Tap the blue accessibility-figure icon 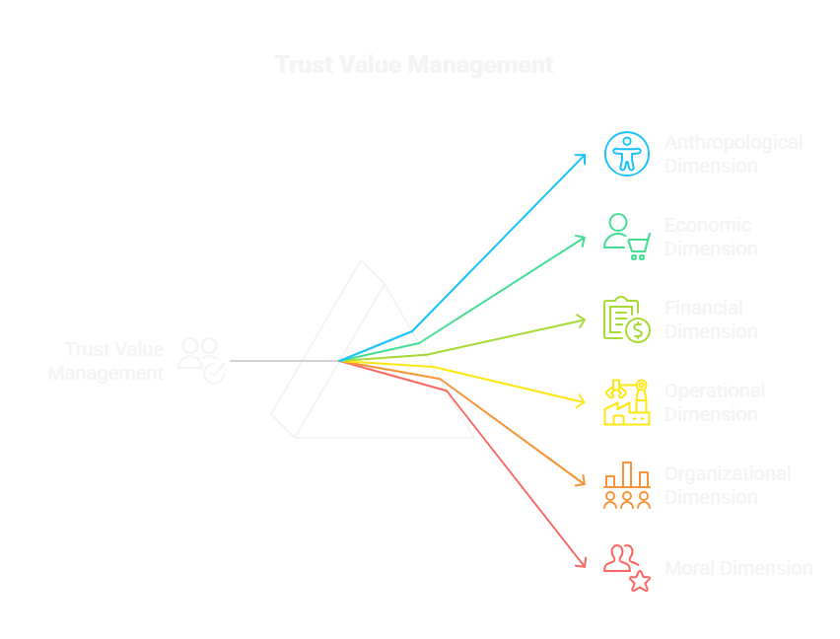(x=627, y=153)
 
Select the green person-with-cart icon (x=627, y=236)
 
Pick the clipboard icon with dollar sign (x=627, y=319)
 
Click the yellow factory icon (x=627, y=402)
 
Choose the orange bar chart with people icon (x=627, y=485)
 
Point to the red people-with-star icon (x=627, y=568)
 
